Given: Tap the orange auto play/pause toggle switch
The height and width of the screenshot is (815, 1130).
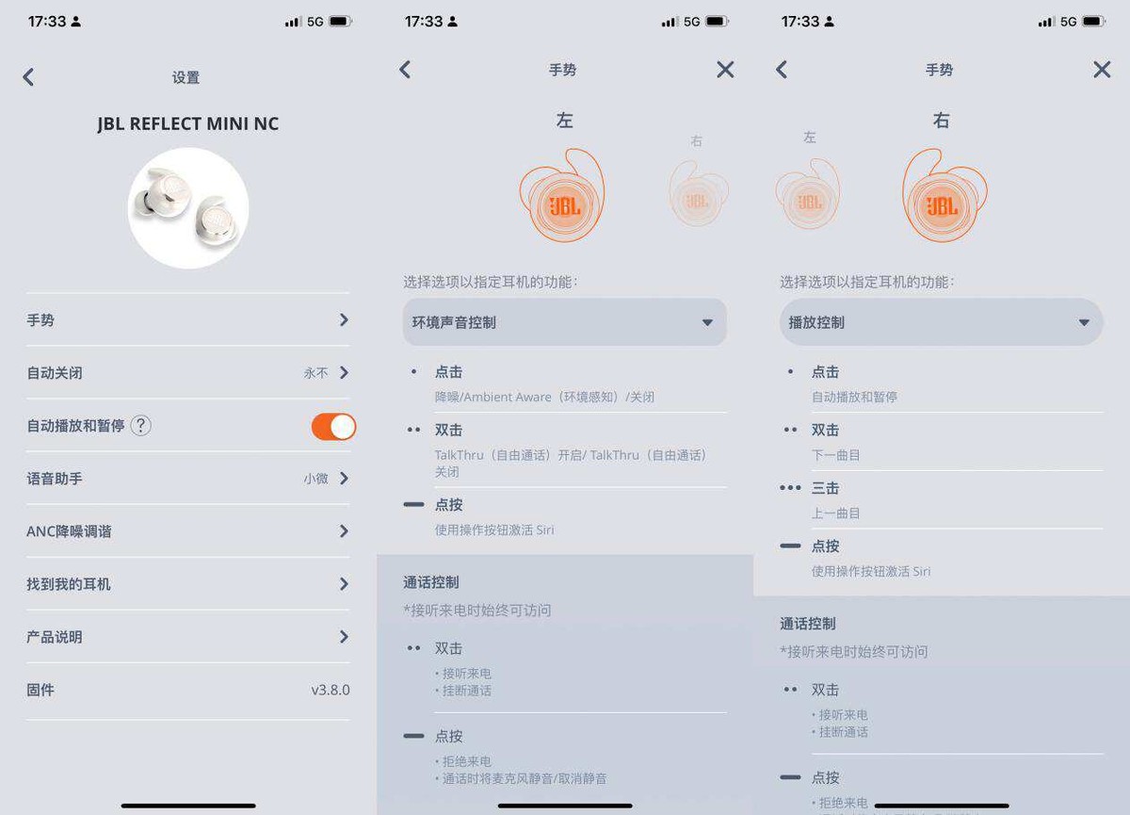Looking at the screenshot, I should click(333, 427).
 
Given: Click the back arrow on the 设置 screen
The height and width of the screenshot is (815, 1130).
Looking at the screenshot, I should click(28, 77).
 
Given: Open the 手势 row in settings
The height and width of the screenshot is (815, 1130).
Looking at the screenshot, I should click(187, 320).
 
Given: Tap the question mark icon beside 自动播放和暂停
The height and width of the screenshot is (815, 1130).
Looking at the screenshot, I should click(140, 426).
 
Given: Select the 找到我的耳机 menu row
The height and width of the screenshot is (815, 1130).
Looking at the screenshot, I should click(187, 584).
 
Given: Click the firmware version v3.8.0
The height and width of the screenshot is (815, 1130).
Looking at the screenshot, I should click(330, 690).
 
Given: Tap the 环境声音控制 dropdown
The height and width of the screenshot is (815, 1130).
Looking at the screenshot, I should click(564, 322).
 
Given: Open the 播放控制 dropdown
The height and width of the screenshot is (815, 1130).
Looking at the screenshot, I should click(941, 322).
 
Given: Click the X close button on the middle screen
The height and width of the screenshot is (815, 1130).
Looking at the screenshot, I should click(725, 70).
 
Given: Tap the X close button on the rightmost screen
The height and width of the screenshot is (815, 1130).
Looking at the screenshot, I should click(1102, 70).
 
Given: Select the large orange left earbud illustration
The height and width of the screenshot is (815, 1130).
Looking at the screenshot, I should click(562, 196).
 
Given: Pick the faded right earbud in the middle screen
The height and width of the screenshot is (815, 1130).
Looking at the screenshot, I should click(698, 193).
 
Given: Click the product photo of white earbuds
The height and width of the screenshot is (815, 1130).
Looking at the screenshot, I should click(188, 208).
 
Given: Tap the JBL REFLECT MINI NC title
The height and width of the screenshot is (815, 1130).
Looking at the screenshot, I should click(188, 123).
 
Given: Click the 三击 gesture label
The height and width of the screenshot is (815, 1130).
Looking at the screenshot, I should click(825, 488).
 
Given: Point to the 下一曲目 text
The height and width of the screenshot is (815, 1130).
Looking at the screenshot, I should click(836, 455).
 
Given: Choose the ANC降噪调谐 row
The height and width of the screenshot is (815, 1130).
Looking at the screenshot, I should click(187, 531).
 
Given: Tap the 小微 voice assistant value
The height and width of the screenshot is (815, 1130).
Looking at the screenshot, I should click(315, 479).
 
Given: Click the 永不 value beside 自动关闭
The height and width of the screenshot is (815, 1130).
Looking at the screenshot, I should click(315, 373).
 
